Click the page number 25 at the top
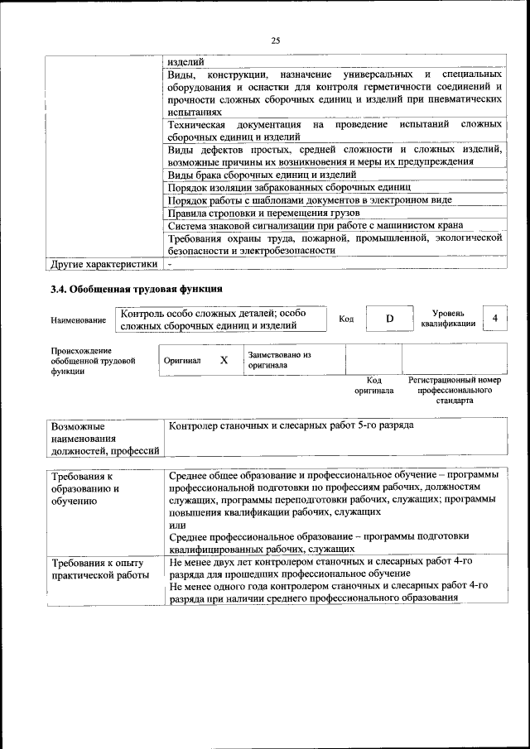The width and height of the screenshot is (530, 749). [275, 40]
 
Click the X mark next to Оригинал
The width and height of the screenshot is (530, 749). [224, 360]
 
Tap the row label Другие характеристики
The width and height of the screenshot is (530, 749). [104, 264]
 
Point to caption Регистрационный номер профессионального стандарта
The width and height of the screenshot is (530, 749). [455, 390]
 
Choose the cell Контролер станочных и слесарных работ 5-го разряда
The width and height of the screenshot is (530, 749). [291, 425]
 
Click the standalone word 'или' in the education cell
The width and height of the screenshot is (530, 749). [176, 525]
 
